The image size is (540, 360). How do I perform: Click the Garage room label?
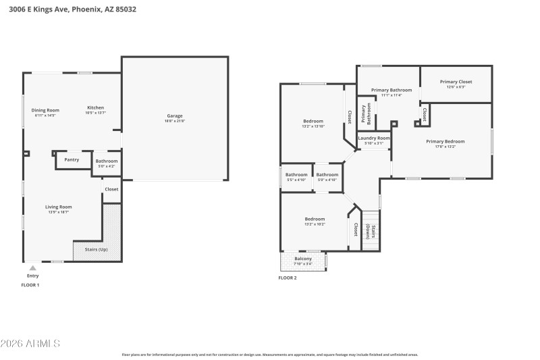(x=175, y=116)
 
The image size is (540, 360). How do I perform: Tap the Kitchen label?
(x=95, y=109)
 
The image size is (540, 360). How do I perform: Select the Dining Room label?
(x=45, y=111)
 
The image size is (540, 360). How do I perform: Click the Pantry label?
(x=72, y=160)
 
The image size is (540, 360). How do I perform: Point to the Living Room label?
(x=59, y=207)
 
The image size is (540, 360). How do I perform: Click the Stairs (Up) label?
(x=95, y=249)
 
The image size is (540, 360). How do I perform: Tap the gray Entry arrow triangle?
(x=32, y=268)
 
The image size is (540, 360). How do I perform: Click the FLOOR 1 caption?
(x=30, y=285)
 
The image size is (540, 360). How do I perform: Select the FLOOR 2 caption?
(x=288, y=278)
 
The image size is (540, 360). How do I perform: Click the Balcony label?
(x=303, y=259)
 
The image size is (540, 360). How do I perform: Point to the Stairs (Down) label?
(x=369, y=232)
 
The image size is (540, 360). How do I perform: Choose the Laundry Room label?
(x=374, y=138)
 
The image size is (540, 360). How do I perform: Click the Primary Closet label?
(x=456, y=82)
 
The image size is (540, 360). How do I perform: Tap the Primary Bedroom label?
(x=445, y=142)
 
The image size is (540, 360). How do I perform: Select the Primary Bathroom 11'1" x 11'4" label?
(x=391, y=91)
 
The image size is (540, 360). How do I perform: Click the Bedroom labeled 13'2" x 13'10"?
(x=313, y=122)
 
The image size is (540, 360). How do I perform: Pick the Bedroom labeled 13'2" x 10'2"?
(x=315, y=220)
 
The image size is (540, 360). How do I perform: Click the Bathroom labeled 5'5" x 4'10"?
(x=296, y=175)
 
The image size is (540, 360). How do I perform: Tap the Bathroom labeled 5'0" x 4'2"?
(x=107, y=161)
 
